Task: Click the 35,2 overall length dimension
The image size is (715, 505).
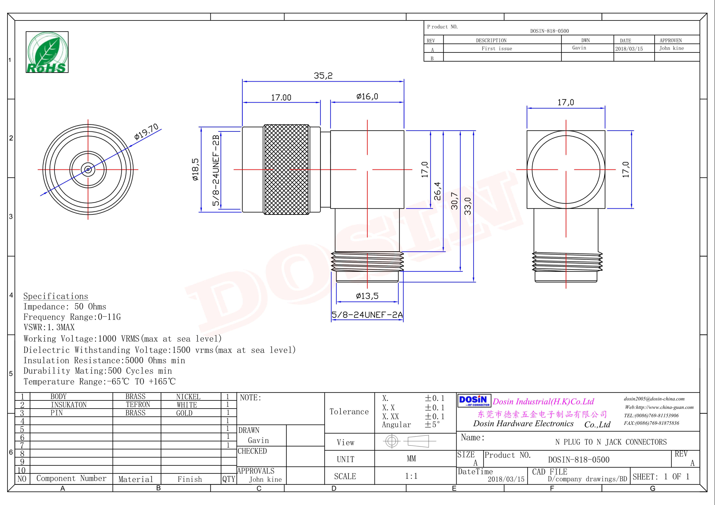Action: (x=323, y=76)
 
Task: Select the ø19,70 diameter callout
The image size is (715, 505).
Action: (x=146, y=132)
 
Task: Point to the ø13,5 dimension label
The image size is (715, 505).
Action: (x=367, y=296)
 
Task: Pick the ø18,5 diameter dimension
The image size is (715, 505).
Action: (x=195, y=169)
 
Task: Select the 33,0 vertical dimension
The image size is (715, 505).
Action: (x=468, y=206)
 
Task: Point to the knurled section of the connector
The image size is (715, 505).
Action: (x=286, y=169)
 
